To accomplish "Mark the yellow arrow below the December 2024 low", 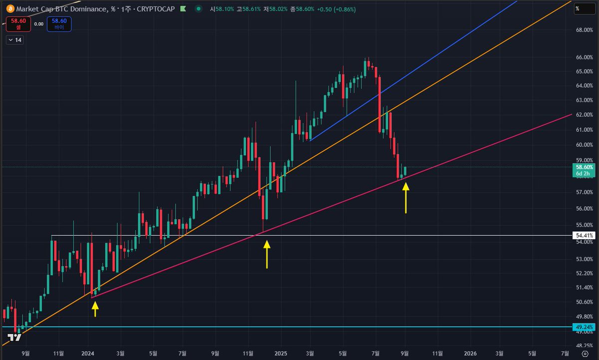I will (x=267, y=254).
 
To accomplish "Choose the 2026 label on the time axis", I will (x=470, y=353).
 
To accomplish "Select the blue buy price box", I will (x=59, y=23).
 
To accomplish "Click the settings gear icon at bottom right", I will (x=585, y=353).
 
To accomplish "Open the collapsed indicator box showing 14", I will (x=15, y=40).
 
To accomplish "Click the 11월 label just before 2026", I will (x=438, y=353).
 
